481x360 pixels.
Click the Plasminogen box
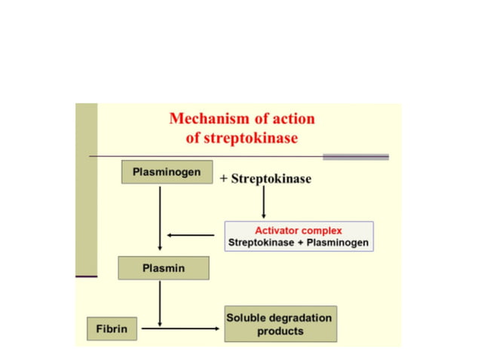(167, 172)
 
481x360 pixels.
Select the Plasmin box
(163, 268)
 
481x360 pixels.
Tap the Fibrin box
(112, 329)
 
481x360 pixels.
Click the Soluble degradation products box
(280, 324)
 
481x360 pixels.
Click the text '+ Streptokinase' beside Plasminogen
(265, 178)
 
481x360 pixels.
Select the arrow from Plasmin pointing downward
(160, 302)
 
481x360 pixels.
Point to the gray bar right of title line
(355, 157)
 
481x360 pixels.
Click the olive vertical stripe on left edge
(86, 188)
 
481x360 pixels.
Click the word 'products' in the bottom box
(280, 331)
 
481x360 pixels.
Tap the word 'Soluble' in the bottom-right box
(247, 318)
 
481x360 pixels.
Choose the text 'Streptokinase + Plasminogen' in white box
(298, 243)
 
